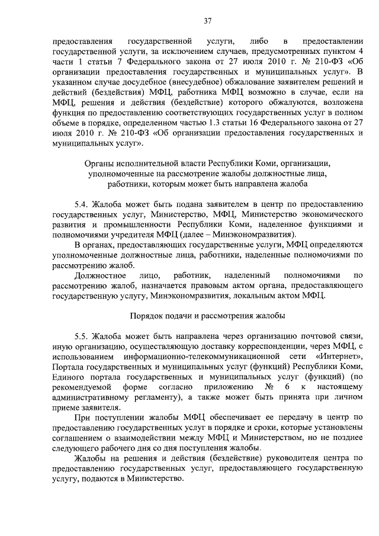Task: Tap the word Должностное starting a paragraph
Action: (100, 275)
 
